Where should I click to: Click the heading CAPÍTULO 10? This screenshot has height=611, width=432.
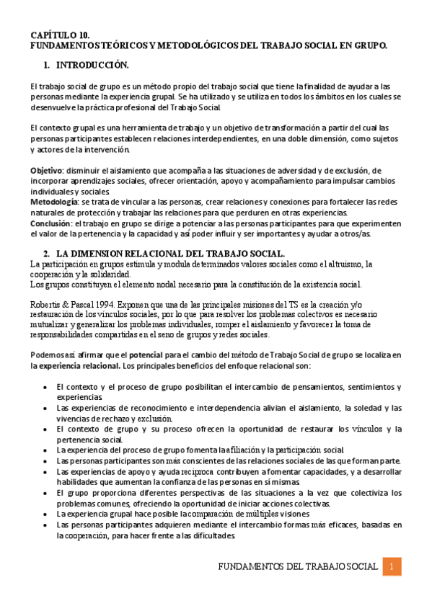tap(60, 35)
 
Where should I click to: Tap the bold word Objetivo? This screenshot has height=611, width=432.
tap(47, 170)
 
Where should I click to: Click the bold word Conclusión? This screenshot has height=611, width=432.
tap(50, 223)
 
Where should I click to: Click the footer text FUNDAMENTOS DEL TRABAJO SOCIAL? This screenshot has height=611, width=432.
tap(297, 567)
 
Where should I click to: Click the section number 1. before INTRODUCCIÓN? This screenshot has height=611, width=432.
tap(47, 66)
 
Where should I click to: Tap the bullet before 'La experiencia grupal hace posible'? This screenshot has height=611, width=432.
tap(46, 514)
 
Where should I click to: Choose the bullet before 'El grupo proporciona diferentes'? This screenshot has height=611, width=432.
tap(46, 493)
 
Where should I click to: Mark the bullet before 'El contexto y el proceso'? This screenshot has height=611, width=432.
tap(46, 387)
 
